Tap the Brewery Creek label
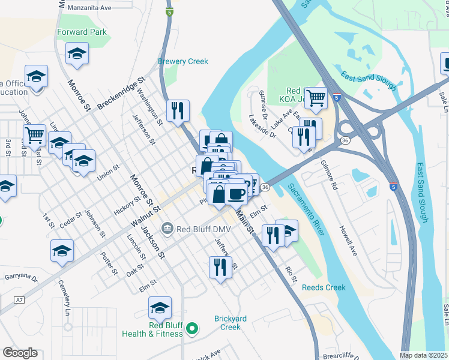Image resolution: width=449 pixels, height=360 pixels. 182,61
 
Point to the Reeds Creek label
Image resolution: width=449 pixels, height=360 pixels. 324,287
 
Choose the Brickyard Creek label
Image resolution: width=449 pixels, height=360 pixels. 227,323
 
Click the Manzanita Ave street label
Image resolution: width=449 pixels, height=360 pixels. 90,8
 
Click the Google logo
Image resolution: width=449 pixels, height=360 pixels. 20,353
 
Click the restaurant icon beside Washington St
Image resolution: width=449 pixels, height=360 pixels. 178,110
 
